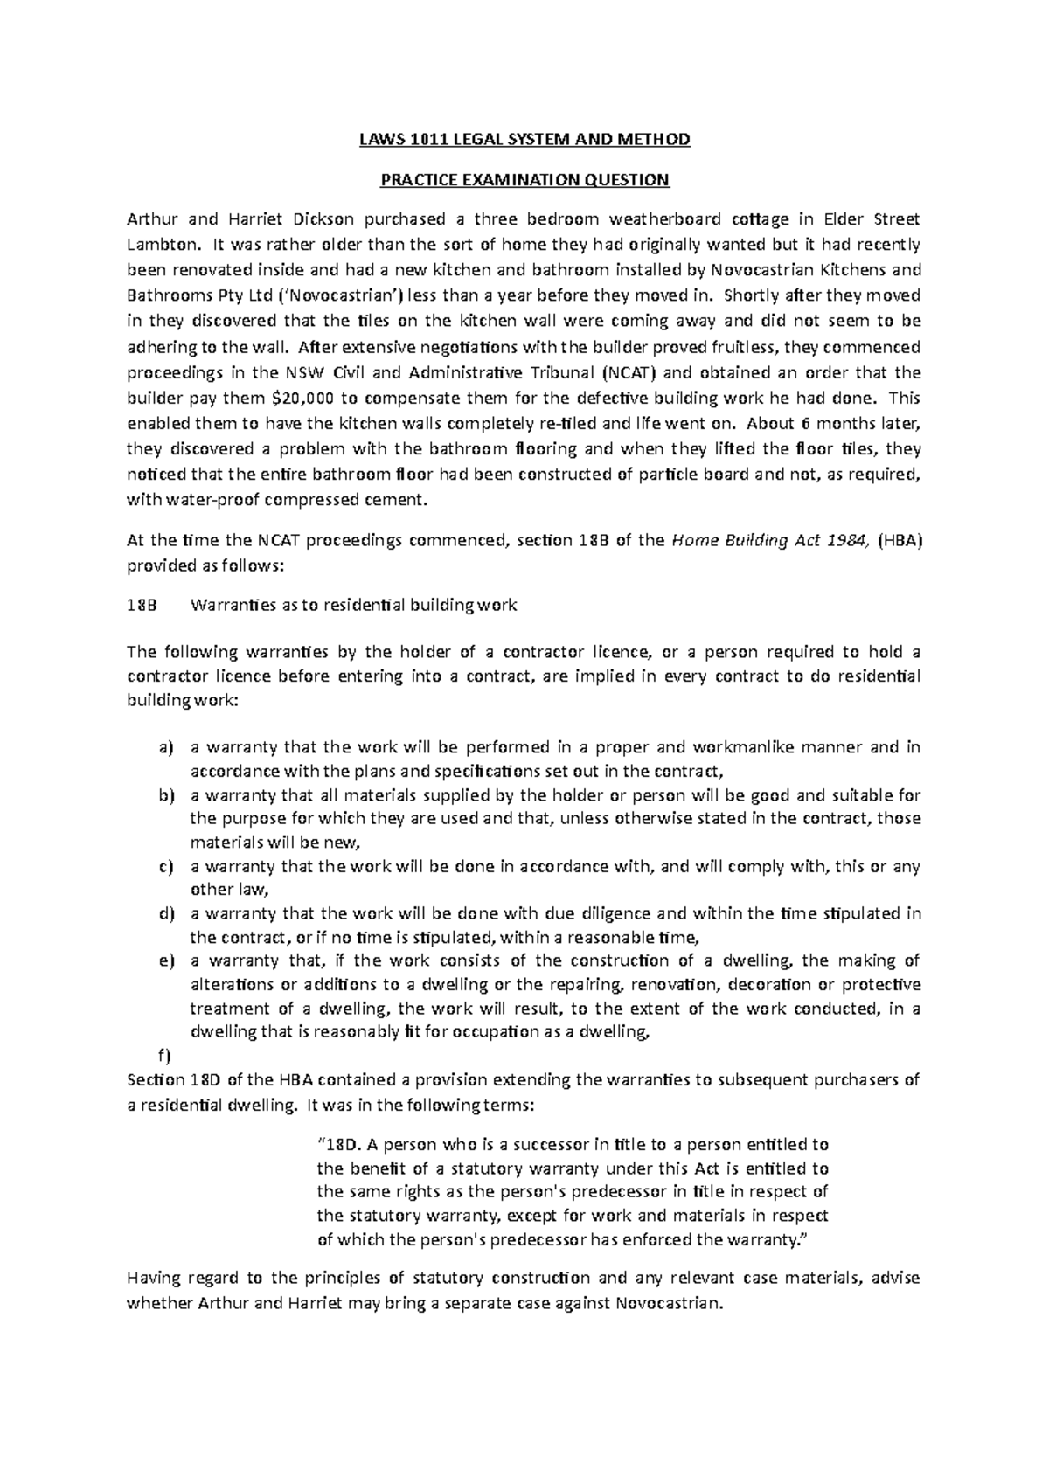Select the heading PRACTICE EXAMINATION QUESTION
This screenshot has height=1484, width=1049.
coord(524,181)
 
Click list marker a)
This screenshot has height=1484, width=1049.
coord(166,748)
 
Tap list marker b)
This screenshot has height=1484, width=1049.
coord(166,795)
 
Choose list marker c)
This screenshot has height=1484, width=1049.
coord(166,867)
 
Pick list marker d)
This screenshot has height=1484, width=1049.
coord(166,914)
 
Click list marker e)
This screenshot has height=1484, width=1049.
coord(166,961)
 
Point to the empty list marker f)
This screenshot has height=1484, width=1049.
coord(164,1054)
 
